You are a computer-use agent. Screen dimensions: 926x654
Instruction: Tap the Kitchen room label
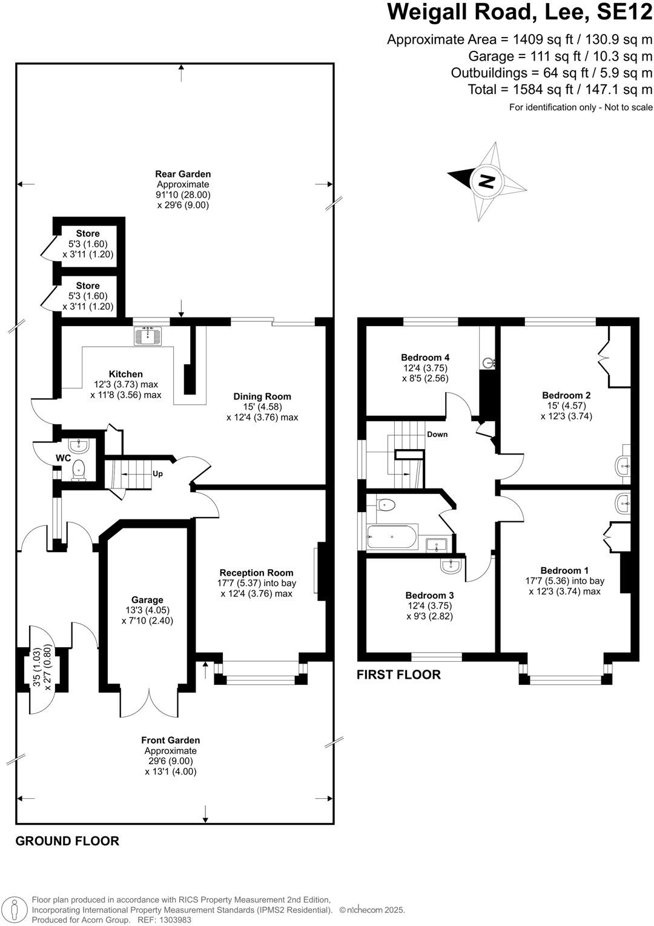click(126, 374)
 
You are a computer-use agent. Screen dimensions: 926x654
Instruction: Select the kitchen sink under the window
click(148, 336)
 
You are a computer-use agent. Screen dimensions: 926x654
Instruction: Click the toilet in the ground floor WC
click(78, 470)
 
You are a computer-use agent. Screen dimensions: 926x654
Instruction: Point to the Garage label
click(147, 600)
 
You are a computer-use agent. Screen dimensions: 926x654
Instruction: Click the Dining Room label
click(262, 396)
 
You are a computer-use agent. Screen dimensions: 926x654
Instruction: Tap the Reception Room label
click(256, 573)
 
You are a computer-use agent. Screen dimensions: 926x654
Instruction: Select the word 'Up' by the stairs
click(157, 474)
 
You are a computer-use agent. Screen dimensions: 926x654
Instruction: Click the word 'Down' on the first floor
click(437, 435)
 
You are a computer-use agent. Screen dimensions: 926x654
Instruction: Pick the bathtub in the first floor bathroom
click(392, 537)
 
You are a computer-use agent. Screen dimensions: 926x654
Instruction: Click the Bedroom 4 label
click(425, 358)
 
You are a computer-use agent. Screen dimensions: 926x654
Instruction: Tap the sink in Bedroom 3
click(451, 566)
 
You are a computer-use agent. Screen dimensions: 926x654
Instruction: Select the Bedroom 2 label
click(566, 395)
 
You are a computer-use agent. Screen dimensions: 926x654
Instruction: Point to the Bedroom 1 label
click(564, 570)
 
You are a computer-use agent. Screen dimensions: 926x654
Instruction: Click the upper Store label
click(88, 233)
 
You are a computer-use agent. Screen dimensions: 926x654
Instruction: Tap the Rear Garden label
click(183, 174)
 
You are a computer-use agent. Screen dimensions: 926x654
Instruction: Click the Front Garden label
click(171, 740)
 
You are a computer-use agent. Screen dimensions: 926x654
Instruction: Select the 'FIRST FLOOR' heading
click(398, 675)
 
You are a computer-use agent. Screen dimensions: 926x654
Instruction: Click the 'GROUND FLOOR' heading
click(67, 841)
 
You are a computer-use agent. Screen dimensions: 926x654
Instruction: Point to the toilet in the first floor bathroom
click(386, 504)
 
